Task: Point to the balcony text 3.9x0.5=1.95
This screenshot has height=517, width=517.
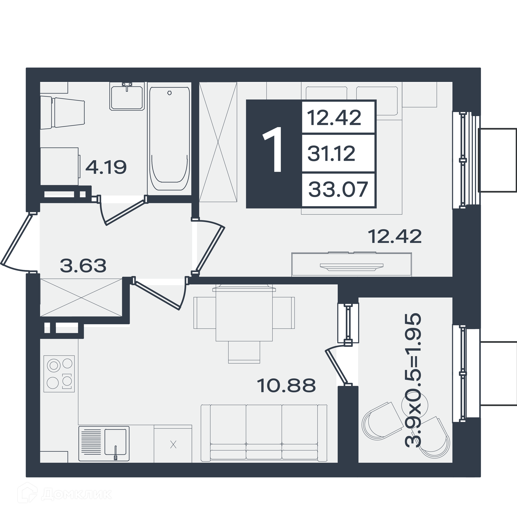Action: [x=413, y=380]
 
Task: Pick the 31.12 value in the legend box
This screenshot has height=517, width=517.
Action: [x=331, y=153]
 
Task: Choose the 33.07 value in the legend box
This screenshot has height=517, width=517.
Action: [x=338, y=189]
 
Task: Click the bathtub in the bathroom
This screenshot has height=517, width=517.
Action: [x=169, y=139]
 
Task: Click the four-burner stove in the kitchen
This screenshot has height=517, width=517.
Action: [x=59, y=374]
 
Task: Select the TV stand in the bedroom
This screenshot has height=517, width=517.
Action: [x=351, y=264]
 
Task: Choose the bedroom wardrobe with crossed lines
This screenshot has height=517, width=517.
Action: [x=218, y=142]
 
